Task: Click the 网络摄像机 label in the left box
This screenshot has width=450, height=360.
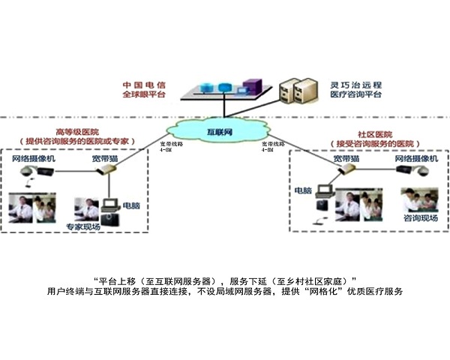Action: [x=34, y=160]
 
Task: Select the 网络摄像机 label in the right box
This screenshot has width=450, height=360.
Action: [x=415, y=160]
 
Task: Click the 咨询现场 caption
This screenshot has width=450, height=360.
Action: [x=419, y=218]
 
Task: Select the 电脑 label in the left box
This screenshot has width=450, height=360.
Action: [x=130, y=205]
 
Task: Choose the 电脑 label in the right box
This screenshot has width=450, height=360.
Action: [x=302, y=189]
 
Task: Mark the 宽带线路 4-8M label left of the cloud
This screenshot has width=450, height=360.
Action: [x=171, y=147]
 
